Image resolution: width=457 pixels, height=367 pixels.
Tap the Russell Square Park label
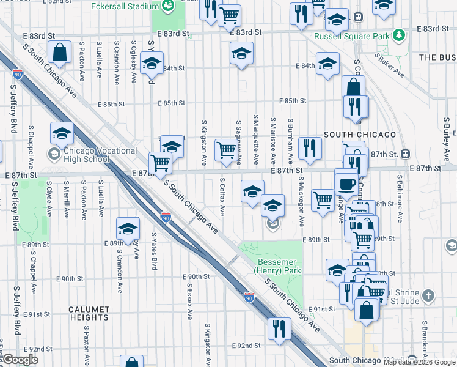[x=351, y=36]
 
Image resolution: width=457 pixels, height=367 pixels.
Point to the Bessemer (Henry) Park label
[x=271, y=264]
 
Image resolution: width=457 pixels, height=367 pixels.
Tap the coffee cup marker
[x=346, y=184]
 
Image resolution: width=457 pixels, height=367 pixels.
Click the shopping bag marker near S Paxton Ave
[x=60, y=53]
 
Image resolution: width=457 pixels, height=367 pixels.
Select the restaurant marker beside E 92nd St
[x=277, y=328]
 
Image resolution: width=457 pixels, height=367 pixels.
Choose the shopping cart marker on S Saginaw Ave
[x=226, y=150]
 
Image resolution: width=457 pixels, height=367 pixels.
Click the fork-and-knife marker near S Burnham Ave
[x=310, y=148]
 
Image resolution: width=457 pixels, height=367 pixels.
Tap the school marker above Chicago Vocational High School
[x=62, y=134]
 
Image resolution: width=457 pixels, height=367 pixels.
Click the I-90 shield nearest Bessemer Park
[x=249, y=297]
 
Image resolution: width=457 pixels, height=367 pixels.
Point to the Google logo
[x=21, y=360]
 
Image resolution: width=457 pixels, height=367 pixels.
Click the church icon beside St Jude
[x=429, y=296]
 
